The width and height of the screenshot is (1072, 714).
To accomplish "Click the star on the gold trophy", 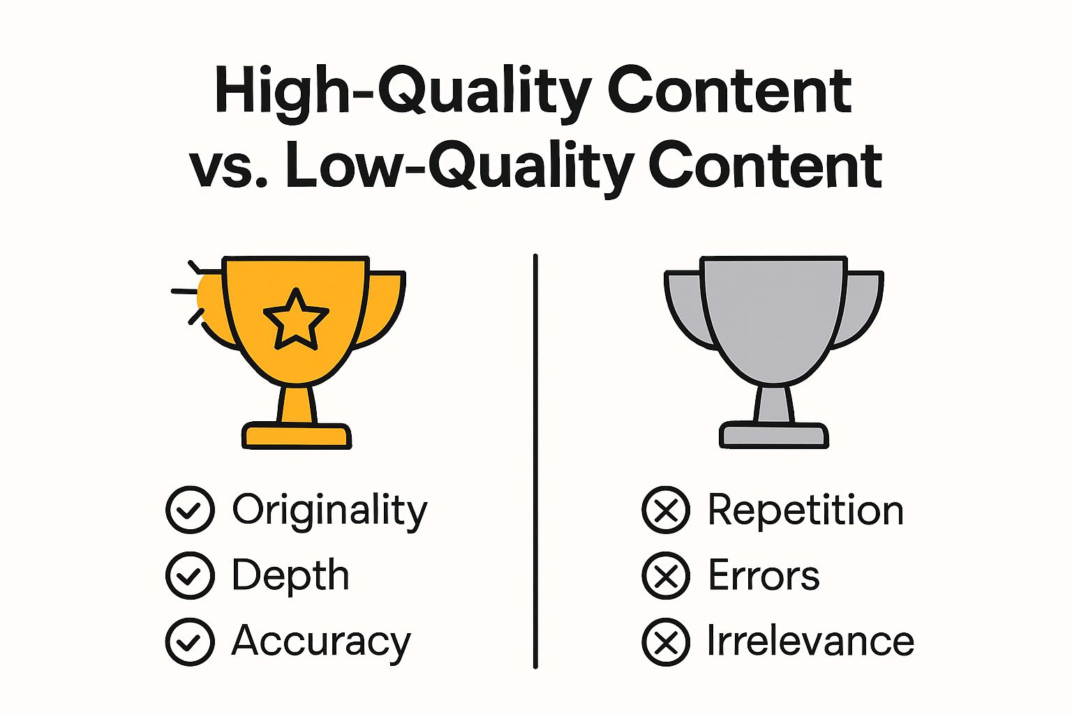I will (296, 320).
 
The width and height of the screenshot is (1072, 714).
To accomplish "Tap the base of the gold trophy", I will (297, 436).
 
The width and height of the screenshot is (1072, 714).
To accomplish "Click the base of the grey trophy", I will (774, 435).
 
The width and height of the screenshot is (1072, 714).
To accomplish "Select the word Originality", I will (329, 510).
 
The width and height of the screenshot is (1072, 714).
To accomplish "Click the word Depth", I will (290, 576).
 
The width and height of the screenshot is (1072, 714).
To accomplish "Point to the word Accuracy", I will (321, 641).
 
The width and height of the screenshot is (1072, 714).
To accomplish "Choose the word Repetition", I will (805, 510).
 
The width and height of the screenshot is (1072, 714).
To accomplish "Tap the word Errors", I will (764, 576).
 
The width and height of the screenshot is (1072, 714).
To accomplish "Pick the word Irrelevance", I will (810, 641).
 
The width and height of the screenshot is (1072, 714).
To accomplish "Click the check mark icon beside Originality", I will (190, 510).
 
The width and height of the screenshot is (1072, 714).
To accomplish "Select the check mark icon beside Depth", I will (190, 576).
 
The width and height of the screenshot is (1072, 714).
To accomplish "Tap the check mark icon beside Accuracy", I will (190, 641).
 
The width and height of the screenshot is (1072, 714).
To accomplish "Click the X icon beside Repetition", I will (666, 510).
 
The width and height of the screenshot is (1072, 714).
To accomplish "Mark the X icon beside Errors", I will (666, 576).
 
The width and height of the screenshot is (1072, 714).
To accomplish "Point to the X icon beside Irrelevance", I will (666, 641).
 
